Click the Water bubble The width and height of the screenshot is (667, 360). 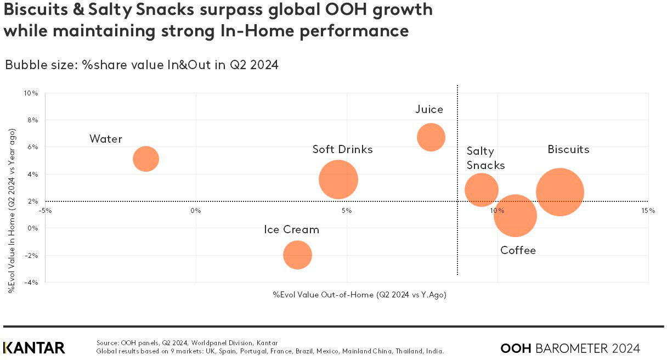click(145, 159)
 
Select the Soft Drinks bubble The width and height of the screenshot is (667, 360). click(338, 179)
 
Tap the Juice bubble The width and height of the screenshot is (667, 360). click(431, 137)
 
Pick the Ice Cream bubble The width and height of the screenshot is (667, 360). click(297, 255)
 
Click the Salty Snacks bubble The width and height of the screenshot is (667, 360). click(481, 190)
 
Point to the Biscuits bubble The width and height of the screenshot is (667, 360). click(559, 192)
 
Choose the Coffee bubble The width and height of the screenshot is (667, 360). click(515, 216)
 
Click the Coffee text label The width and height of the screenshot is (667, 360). click(518, 251)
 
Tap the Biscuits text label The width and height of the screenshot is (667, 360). click(568, 149)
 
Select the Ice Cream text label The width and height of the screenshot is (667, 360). click(291, 229)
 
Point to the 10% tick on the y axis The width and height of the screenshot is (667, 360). click(31, 93)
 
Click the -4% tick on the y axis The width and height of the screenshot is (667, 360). click(31, 282)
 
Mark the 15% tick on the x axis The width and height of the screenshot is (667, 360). click(648, 210)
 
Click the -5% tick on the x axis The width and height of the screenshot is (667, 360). click(45, 210)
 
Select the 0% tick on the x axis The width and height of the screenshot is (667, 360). click(196, 210)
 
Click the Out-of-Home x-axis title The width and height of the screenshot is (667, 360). click(359, 295)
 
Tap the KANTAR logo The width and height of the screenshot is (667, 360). click(34, 348)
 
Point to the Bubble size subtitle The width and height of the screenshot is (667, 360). click(142, 65)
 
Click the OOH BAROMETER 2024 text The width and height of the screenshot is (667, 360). click(570, 348)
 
